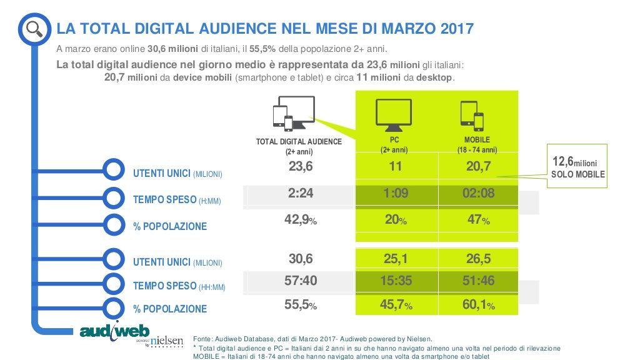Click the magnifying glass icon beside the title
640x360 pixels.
click(34, 27)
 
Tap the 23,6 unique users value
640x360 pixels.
click(301, 167)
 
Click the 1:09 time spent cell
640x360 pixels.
click(396, 193)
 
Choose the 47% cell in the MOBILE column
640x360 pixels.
click(477, 220)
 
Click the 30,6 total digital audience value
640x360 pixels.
click(301, 258)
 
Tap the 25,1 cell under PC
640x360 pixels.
click(396, 258)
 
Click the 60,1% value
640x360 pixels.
click(477, 306)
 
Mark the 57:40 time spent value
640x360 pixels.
click(301, 281)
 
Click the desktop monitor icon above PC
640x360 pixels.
click(393, 113)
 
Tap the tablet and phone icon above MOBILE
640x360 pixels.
click(472, 115)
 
